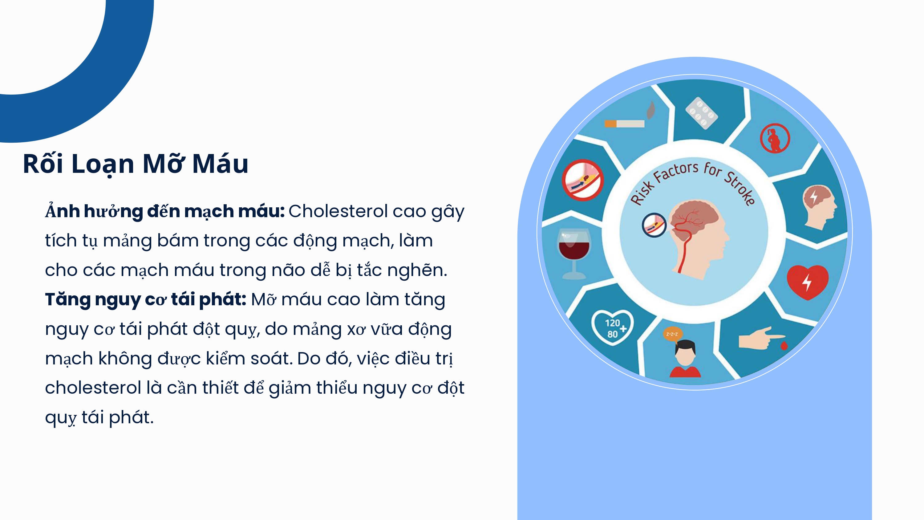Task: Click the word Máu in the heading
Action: [x=220, y=164]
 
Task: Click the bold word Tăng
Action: [x=67, y=300]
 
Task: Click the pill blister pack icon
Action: [x=701, y=113]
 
